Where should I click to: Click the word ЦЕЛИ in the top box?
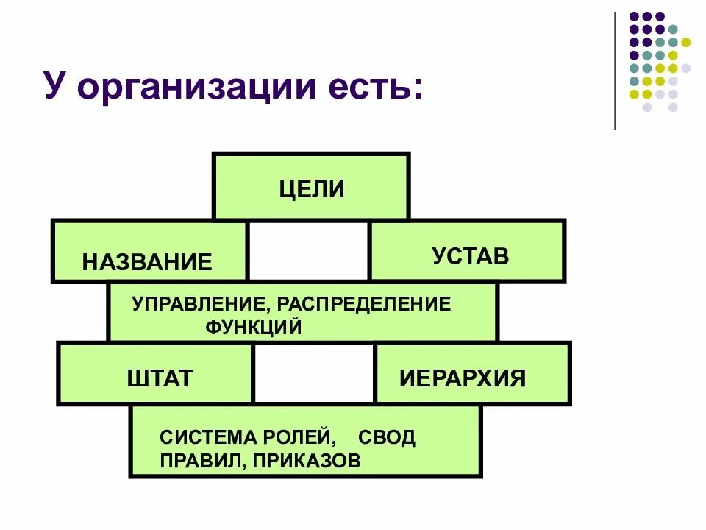coord(312,188)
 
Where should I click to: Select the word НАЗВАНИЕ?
coord(147,261)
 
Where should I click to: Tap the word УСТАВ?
coord(471,256)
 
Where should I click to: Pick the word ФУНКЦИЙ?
coord(254,327)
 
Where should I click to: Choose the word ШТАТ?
coord(160,378)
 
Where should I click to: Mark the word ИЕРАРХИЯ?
coord(463,378)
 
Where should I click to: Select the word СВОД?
coord(387,437)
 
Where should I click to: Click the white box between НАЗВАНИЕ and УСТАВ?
coord(308,251)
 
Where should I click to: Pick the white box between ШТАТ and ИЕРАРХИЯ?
coord(314,373)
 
